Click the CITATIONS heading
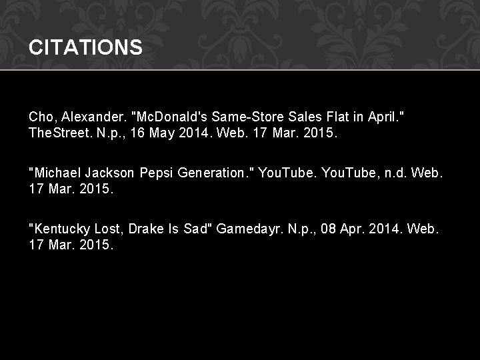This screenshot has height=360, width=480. pos(85,47)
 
